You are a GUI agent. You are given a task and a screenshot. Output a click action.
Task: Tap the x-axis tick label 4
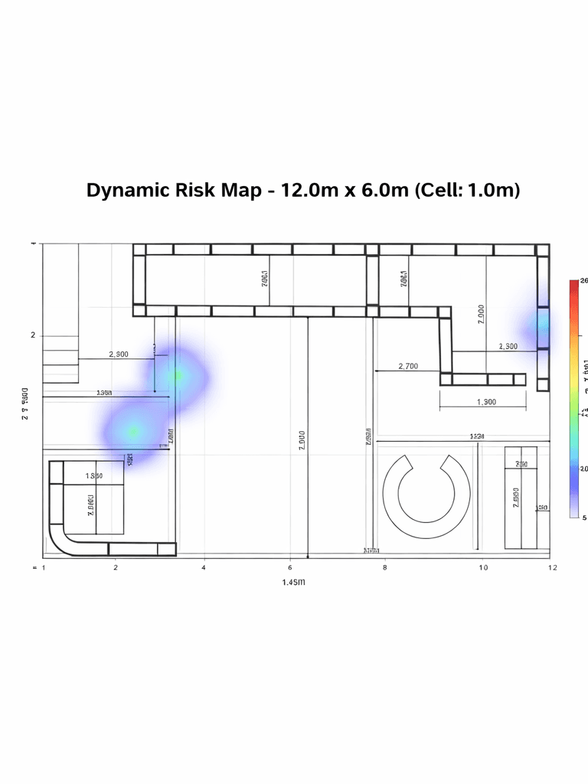pos(203,567)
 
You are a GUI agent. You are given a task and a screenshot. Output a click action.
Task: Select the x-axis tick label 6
pos(290,567)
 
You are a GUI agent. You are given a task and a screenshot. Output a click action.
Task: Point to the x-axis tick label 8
pos(384,567)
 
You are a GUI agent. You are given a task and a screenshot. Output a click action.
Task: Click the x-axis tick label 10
pos(483,567)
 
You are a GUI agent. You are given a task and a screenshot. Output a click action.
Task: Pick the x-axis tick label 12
pos(552,567)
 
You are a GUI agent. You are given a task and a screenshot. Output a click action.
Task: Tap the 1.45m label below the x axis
pos(293,583)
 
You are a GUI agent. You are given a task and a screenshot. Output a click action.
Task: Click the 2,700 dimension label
pos(408,367)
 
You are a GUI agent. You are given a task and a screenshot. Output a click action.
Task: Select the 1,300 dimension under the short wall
pos(485,402)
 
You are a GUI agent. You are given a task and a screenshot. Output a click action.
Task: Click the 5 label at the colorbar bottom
pos(585,518)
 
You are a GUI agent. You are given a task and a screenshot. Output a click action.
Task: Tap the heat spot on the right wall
pos(542,328)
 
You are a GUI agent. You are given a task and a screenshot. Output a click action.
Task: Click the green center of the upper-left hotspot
pos(177,375)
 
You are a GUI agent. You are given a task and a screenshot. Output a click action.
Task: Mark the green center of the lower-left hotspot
pos(133,432)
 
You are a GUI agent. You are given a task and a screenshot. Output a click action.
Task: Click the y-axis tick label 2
pos(33,335)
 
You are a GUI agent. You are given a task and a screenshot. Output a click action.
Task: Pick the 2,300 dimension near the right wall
pos(508,347)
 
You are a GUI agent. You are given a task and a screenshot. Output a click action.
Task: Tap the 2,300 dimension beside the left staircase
pos(119,354)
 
